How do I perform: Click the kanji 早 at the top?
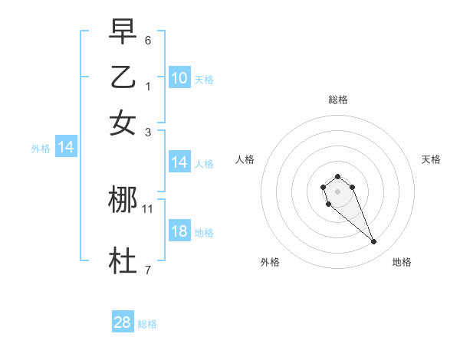click(123, 32)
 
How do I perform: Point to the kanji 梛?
click(123, 201)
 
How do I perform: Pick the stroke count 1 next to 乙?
click(148, 85)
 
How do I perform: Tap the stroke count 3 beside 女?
click(148, 132)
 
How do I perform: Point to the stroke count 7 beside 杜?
click(148, 269)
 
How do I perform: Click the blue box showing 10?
click(179, 77)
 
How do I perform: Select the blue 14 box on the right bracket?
click(179, 162)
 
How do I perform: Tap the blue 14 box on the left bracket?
click(66, 147)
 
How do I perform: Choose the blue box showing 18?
click(179, 231)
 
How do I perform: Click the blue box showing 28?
click(123, 322)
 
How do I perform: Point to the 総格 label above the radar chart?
click(337, 100)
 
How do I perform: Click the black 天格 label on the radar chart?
click(431, 159)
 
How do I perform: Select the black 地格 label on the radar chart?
click(402, 262)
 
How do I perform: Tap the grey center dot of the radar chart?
click(337, 191)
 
